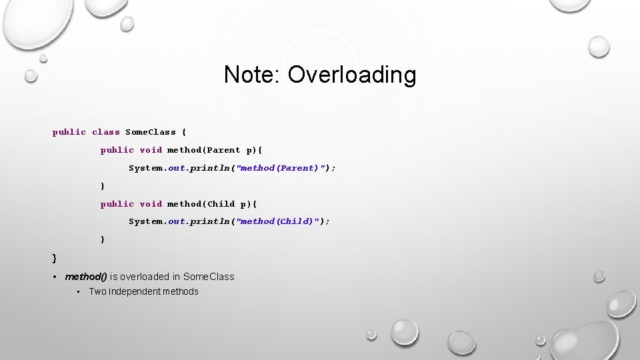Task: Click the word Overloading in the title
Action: (x=352, y=75)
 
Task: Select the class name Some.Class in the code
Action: (x=151, y=132)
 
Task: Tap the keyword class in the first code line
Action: (x=106, y=132)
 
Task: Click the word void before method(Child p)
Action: (x=151, y=204)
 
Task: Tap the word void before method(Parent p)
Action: (x=151, y=150)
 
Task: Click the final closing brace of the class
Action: (x=55, y=257)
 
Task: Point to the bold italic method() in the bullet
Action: (x=86, y=277)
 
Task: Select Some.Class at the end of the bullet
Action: (x=209, y=277)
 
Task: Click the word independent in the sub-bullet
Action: (x=137, y=291)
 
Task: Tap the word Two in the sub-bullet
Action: (x=97, y=291)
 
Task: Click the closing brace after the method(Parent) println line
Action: (x=103, y=186)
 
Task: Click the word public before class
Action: (x=69, y=132)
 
